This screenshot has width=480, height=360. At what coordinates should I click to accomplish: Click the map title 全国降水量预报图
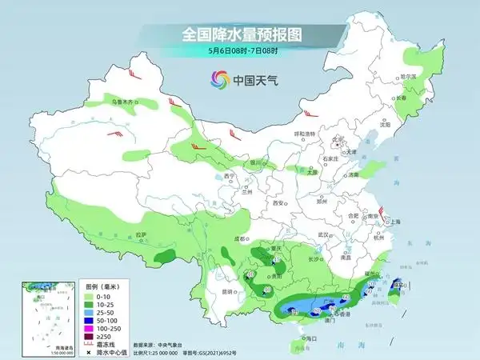click(240, 34)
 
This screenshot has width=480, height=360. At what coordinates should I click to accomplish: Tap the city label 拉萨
click(142, 234)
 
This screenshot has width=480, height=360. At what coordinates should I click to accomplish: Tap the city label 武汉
click(323, 234)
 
